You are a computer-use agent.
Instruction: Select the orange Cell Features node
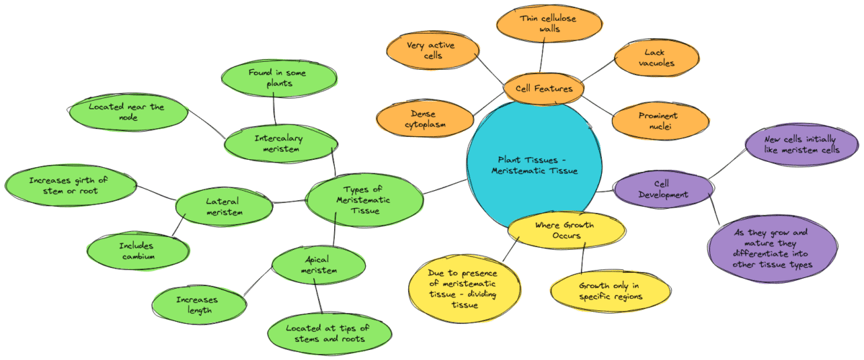pyautogui.click(x=544, y=89)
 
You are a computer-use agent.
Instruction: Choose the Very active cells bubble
pyautogui.click(x=432, y=50)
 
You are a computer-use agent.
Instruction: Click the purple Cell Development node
pyautogui.click(x=662, y=189)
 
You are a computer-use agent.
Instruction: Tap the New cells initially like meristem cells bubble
pyautogui.click(x=801, y=144)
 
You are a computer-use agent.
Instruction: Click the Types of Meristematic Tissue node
pyautogui.click(x=364, y=199)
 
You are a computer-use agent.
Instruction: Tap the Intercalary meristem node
pyautogui.click(x=279, y=143)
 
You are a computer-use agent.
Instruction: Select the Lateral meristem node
pyautogui.click(x=224, y=207)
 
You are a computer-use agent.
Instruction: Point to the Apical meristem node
pyautogui.click(x=315, y=265)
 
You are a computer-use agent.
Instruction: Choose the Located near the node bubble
pyautogui.click(x=127, y=112)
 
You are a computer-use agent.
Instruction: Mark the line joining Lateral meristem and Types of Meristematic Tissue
pyautogui.click(x=289, y=202)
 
